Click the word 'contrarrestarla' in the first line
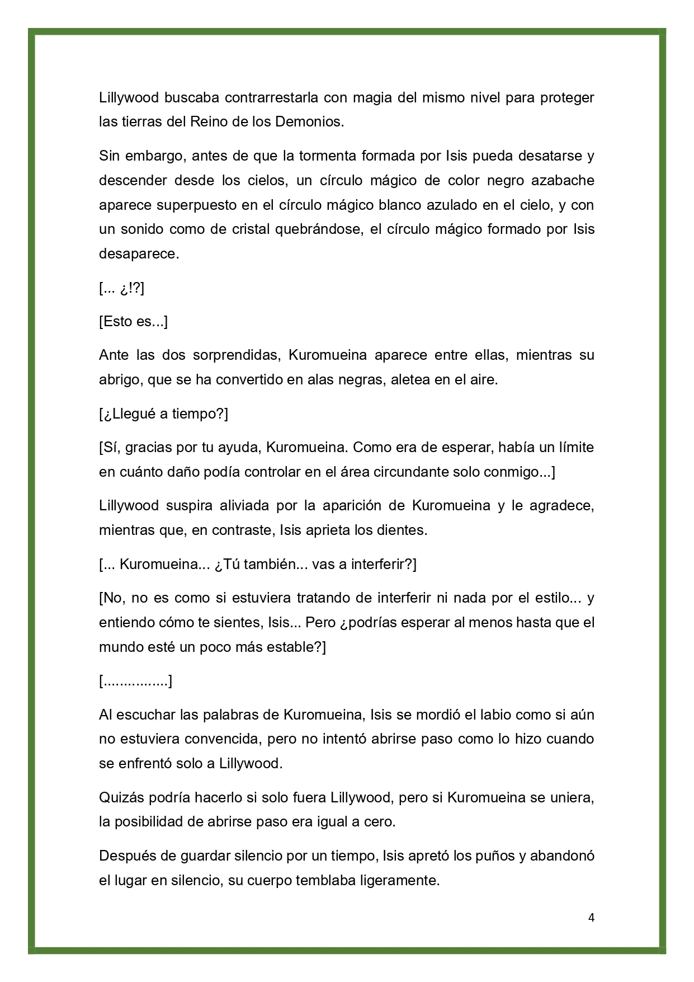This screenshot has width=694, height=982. point(271,98)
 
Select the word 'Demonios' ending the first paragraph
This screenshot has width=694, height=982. point(309,122)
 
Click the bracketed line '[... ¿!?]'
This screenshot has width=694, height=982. point(121,288)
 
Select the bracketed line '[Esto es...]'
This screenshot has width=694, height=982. point(133,322)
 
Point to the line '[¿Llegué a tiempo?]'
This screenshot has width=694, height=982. point(163,414)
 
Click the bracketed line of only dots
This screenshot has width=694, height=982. point(135,682)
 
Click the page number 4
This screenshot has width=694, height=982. point(591,918)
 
